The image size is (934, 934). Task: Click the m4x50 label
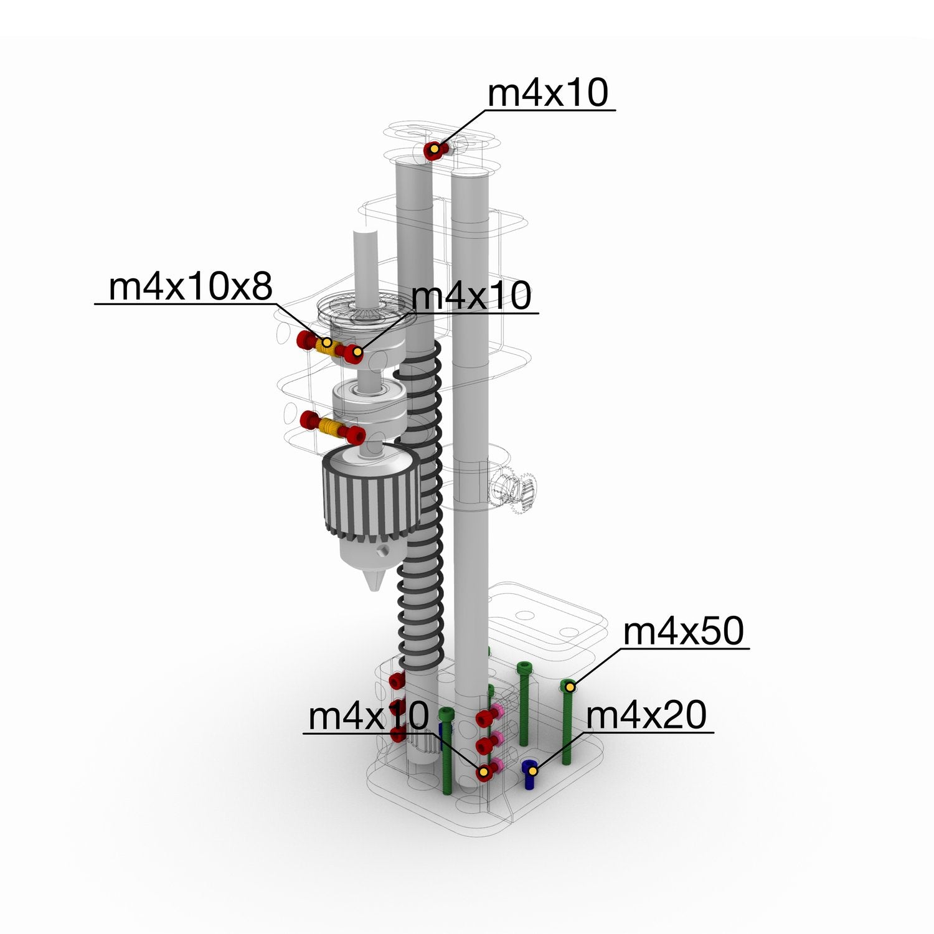(x=683, y=631)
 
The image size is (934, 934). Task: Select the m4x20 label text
(x=646, y=715)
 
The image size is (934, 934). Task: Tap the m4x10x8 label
(x=191, y=287)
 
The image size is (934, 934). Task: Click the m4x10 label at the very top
(x=547, y=93)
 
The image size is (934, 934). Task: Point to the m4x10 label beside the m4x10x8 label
(x=471, y=295)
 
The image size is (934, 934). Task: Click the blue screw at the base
(x=529, y=774)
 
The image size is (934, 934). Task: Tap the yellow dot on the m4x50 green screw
(x=568, y=687)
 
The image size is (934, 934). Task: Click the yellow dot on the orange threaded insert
(x=326, y=342)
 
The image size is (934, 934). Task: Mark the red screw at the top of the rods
(x=435, y=150)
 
